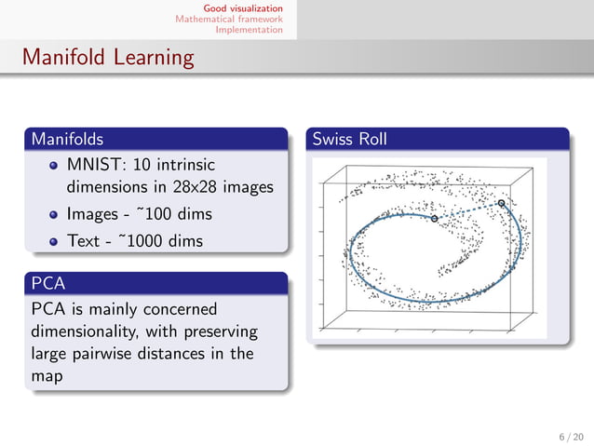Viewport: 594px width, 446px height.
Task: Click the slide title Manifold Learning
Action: (109, 58)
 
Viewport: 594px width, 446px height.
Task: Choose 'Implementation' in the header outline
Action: (249, 29)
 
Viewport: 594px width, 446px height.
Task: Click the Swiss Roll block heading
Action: (349, 140)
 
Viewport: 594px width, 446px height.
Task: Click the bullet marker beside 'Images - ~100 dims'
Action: (54, 215)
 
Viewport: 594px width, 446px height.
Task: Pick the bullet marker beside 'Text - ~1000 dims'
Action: (54, 241)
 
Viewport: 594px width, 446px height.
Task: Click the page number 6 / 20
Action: (570, 435)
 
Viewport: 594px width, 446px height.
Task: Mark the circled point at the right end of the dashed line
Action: (501, 203)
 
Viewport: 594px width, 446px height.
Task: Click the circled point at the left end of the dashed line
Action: (434, 218)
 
